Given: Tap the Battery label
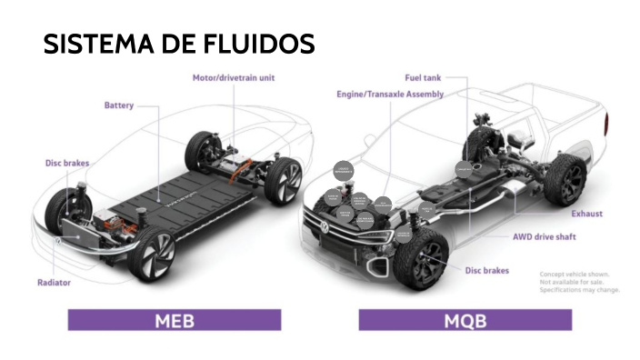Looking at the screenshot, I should pyautogui.click(x=118, y=105).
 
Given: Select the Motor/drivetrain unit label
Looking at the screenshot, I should pyautogui.click(x=233, y=78).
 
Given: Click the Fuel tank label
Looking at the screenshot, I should pyautogui.click(x=422, y=77).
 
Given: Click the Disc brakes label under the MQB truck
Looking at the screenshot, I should pyautogui.click(x=487, y=270).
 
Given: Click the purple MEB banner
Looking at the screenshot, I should pyautogui.click(x=174, y=320).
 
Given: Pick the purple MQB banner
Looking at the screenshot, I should pyautogui.click(x=465, y=320).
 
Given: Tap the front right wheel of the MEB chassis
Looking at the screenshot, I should pyautogui.click(x=153, y=255).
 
